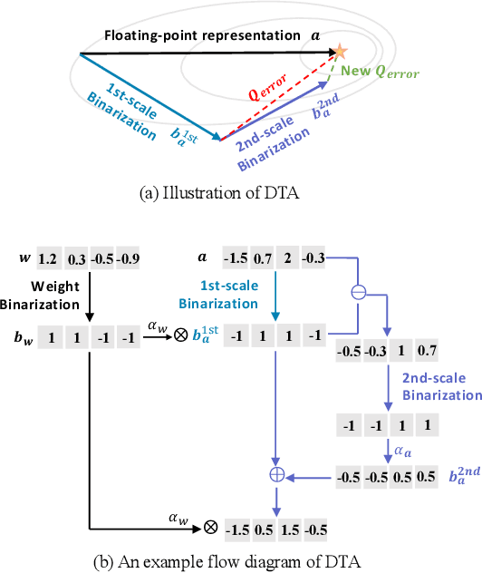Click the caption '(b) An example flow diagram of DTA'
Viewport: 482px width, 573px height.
click(240, 559)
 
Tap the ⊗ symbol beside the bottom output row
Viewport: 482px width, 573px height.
click(209, 526)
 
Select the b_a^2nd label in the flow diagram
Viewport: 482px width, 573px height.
click(458, 474)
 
